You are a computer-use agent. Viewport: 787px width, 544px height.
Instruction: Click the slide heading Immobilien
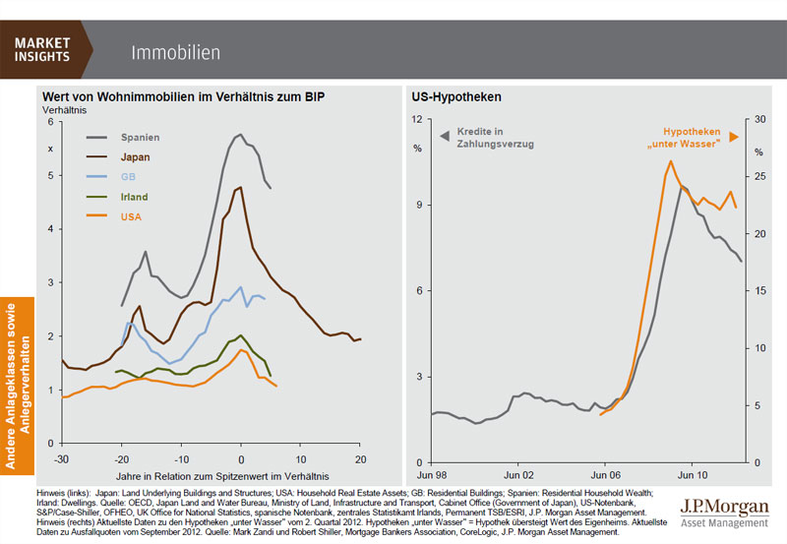(175, 51)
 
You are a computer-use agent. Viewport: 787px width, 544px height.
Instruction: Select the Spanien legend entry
(140, 137)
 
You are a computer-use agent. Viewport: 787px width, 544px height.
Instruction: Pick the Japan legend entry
(136, 156)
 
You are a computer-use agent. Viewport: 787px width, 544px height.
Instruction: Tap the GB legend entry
(129, 177)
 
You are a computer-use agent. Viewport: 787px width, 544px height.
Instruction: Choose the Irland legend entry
(135, 197)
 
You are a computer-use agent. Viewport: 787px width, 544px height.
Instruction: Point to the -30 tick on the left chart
(61, 460)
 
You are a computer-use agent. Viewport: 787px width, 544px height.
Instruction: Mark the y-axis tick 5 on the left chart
(52, 176)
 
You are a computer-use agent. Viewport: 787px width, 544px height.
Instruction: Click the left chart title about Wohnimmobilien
(183, 96)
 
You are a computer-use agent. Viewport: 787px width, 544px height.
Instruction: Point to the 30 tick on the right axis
(758, 119)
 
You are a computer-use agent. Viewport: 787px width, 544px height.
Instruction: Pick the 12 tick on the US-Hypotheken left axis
(417, 119)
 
